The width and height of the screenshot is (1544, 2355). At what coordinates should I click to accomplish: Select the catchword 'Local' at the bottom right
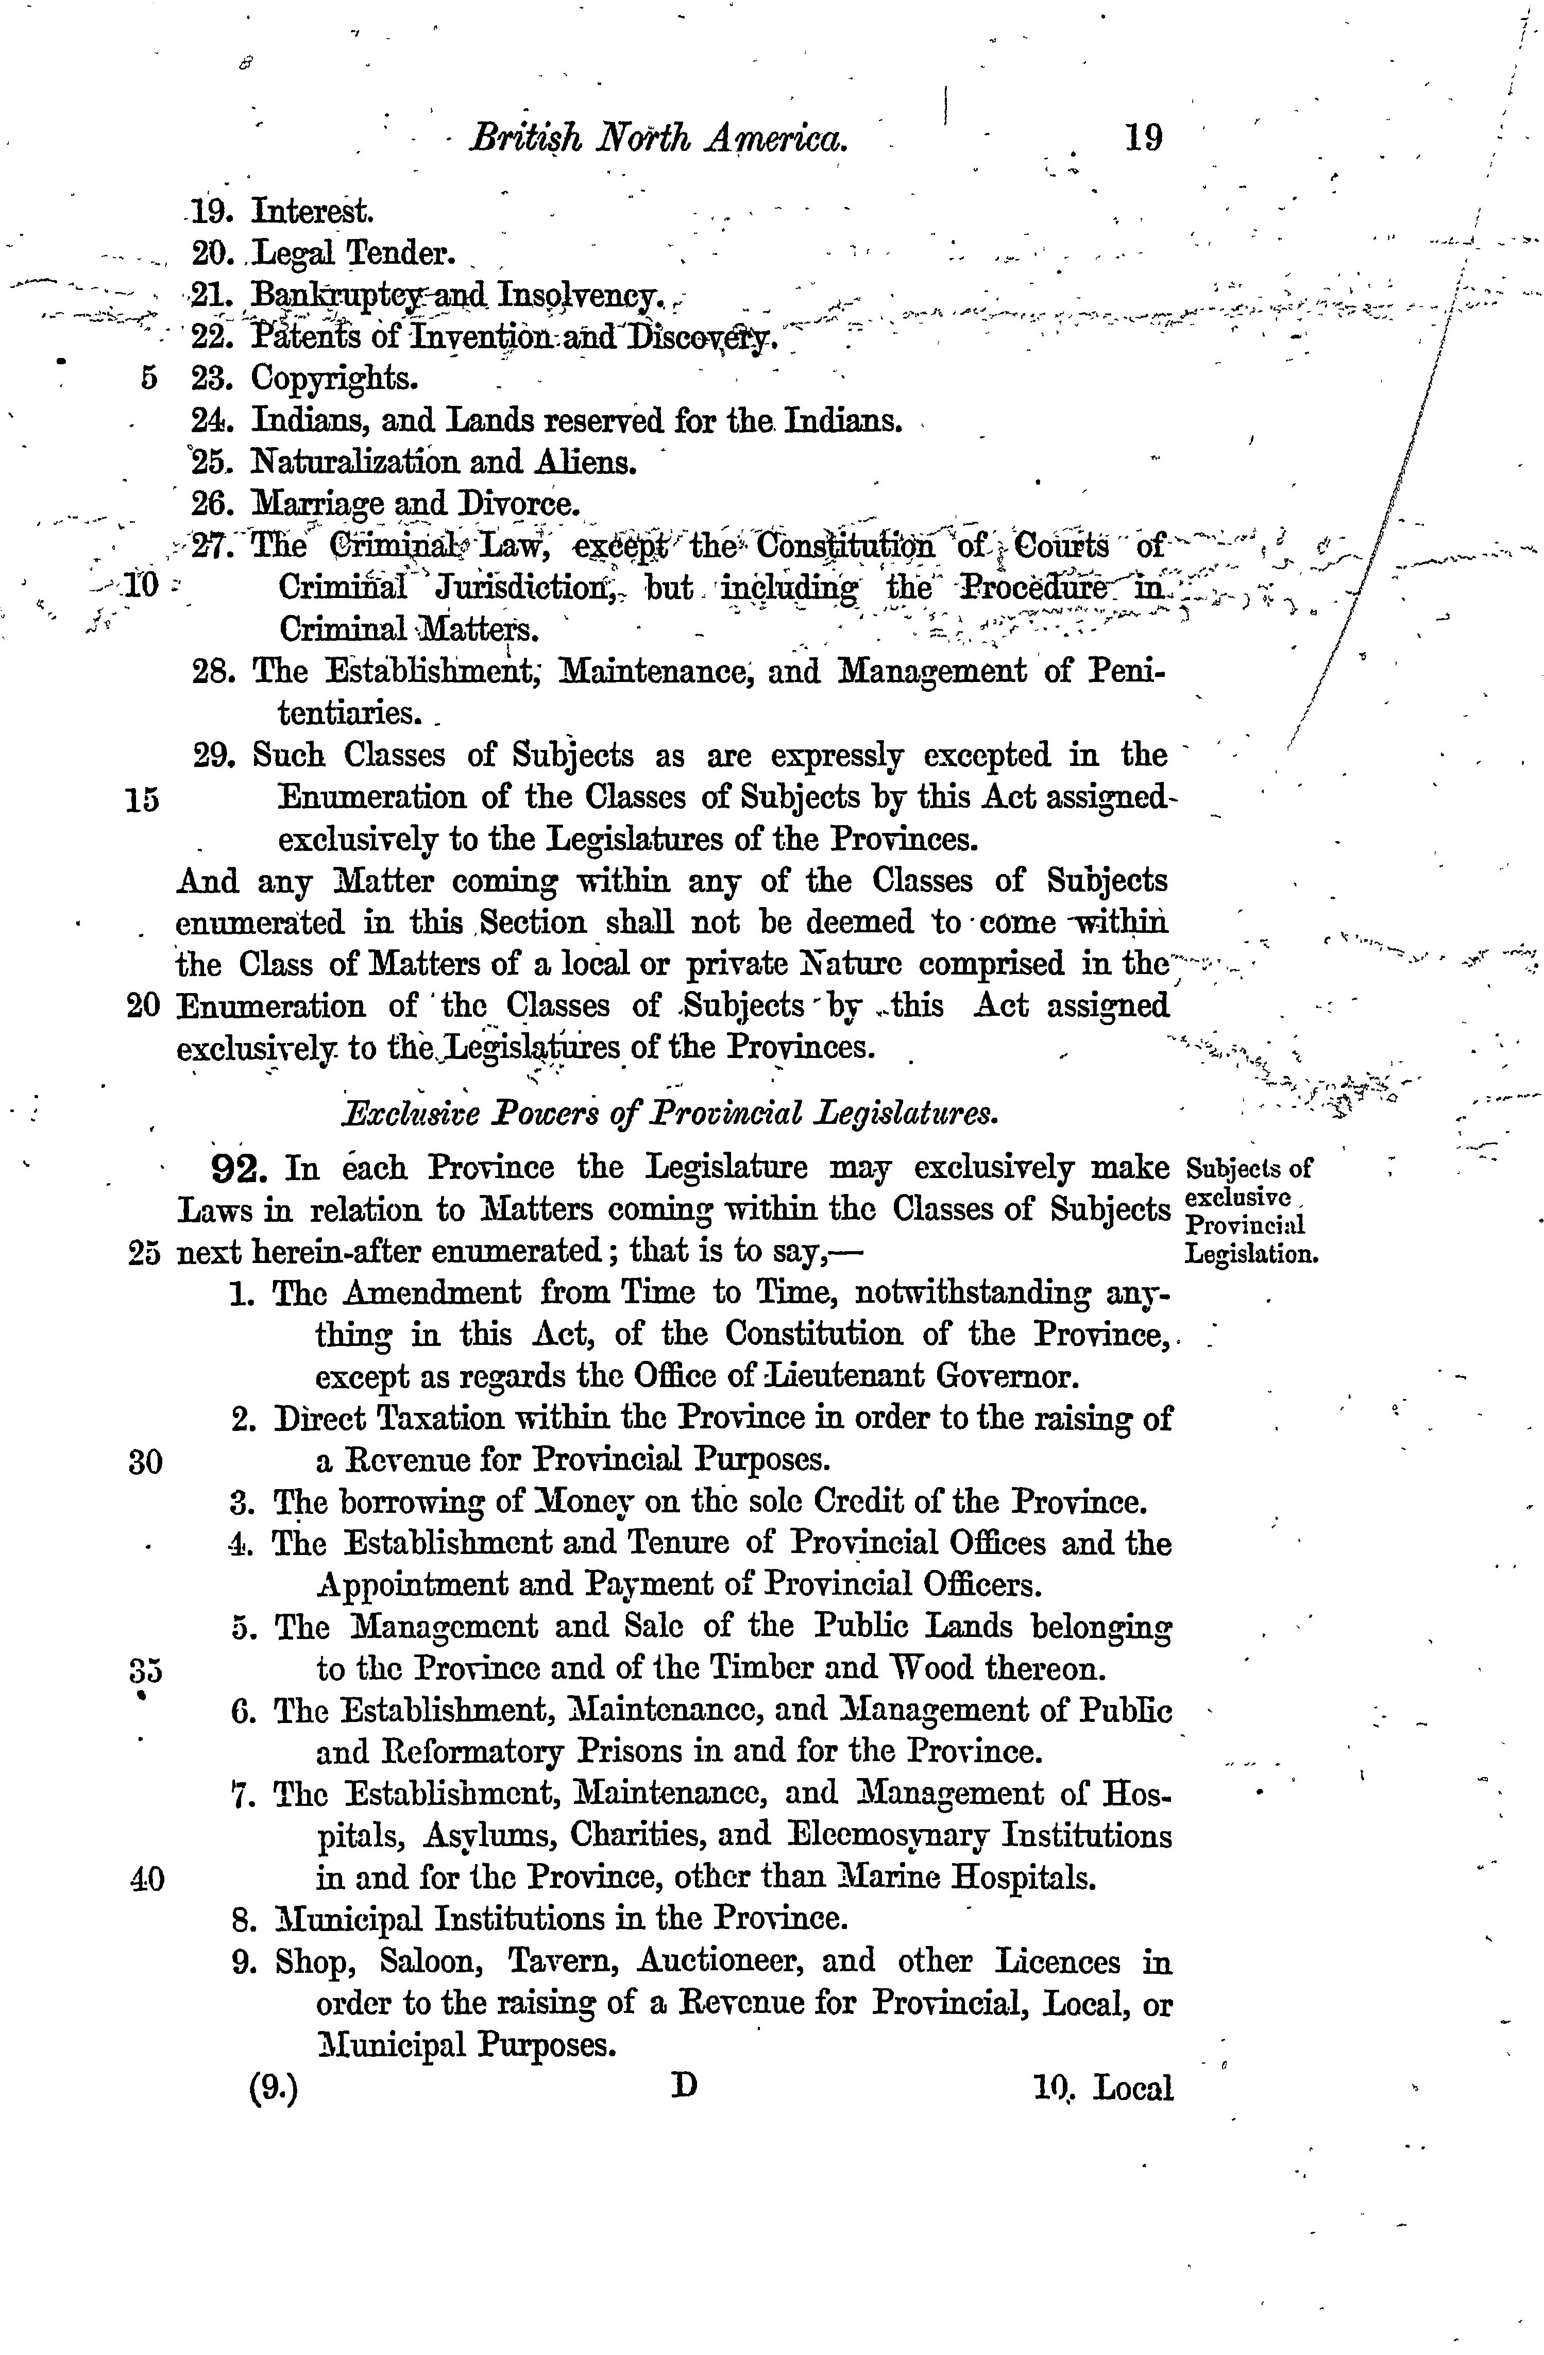[x=1135, y=2088]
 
